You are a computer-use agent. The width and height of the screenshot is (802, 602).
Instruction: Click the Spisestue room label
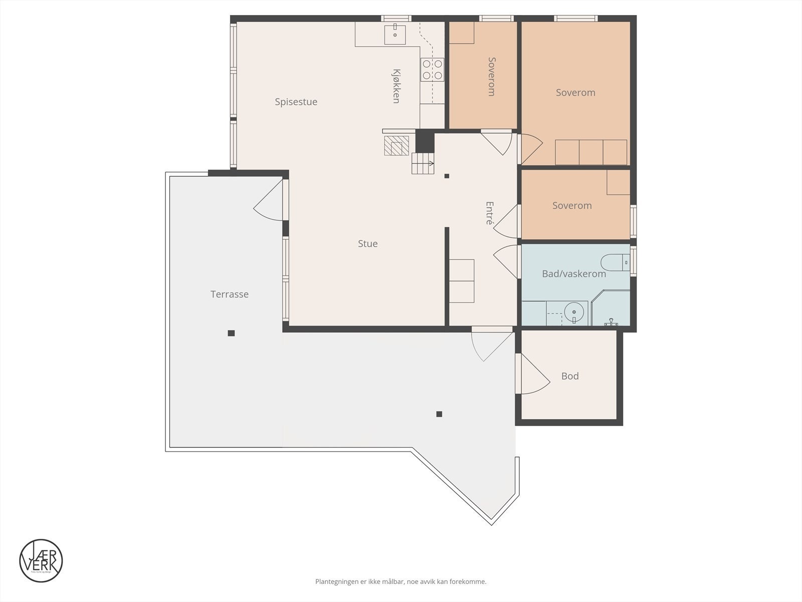pos(296,102)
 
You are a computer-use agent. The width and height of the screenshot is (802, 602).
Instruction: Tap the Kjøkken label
pos(396,86)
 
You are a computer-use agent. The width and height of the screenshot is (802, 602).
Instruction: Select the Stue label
pos(367,244)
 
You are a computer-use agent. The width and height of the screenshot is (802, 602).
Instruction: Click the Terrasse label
pos(229,294)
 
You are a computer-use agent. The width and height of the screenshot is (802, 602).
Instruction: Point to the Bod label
pos(570,376)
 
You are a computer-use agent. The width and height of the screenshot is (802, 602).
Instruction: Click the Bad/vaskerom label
pos(574,274)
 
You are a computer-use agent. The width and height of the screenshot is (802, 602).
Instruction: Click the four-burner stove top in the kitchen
pos(432,69)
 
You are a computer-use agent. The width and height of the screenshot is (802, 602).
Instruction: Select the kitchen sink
pos(395,34)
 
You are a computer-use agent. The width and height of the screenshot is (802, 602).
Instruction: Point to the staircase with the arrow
pos(423,164)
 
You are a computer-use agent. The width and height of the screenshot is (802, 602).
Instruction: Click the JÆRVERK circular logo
pos(41,561)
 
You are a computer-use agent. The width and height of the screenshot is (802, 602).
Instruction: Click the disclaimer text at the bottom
pos(400,582)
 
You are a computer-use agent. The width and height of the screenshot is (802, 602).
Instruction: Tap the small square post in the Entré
pos(447,176)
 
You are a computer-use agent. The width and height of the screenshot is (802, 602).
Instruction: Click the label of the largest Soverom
pos(575,93)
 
